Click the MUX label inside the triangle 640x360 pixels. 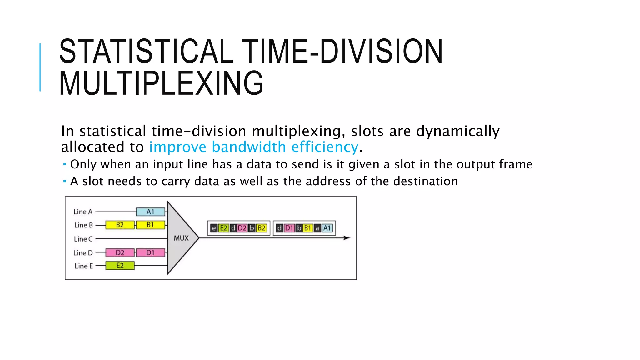[x=181, y=238]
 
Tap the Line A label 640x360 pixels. [x=83, y=212]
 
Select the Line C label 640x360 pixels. [x=83, y=239]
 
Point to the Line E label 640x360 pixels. [x=84, y=266]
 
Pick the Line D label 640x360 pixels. [x=83, y=253]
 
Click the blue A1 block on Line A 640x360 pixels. [x=151, y=212]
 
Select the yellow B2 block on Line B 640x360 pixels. [x=120, y=225]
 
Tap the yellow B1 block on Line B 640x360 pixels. [x=151, y=225]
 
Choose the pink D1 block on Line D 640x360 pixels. [x=151, y=252]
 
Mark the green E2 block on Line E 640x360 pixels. [x=120, y=266]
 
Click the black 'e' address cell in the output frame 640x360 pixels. [x=214, y=228]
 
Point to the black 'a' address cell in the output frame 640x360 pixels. [x=317, y=228]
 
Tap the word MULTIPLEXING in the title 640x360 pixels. [x=161, y=83]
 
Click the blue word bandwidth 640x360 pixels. [x=249, y=147]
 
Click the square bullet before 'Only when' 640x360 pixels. [x=64, y=164]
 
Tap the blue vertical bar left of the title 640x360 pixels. [x=40, y=67]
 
